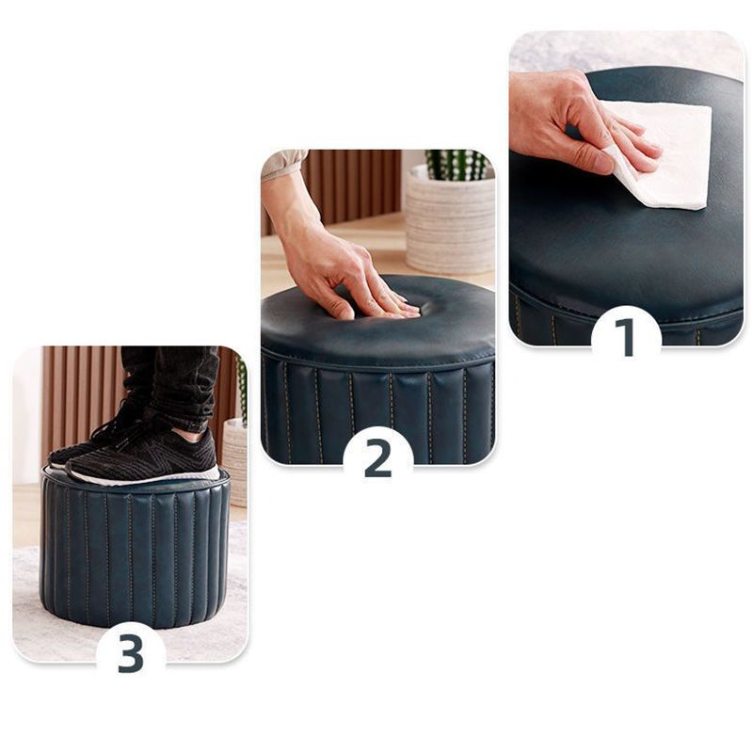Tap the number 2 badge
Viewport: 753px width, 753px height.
377,457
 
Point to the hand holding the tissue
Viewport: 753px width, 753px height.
565,118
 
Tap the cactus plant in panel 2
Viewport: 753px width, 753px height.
457,165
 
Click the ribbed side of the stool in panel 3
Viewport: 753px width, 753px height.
132,555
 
